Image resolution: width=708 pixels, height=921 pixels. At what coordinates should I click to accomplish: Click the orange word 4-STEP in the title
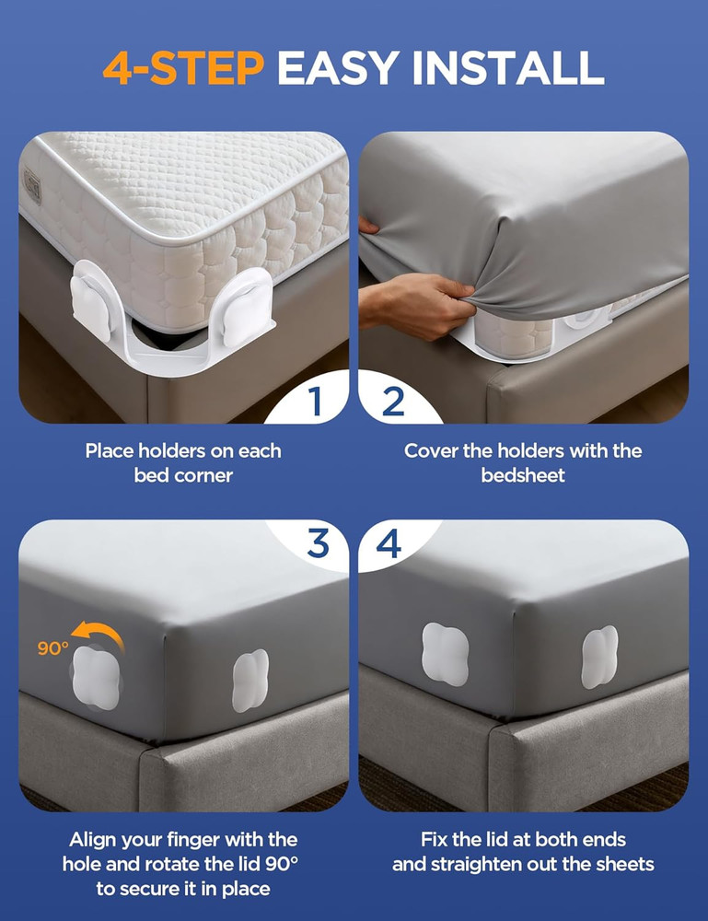click(182, 67)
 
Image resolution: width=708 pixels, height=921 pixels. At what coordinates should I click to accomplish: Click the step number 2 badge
click(393, 402)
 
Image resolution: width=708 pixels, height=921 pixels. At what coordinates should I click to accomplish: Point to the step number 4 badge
click(389, 543)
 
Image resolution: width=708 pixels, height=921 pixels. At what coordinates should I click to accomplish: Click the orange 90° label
click(53, 647)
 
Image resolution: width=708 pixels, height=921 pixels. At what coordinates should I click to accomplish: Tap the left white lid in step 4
click(445, 654)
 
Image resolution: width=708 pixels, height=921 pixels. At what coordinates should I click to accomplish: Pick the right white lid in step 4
click(599, 658)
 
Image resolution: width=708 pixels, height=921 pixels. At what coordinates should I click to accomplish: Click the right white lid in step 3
click(250, 680)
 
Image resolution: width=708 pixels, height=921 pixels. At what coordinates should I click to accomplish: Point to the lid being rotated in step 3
click(95, 677)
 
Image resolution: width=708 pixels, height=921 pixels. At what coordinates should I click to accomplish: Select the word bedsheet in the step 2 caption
click(524, 476)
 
